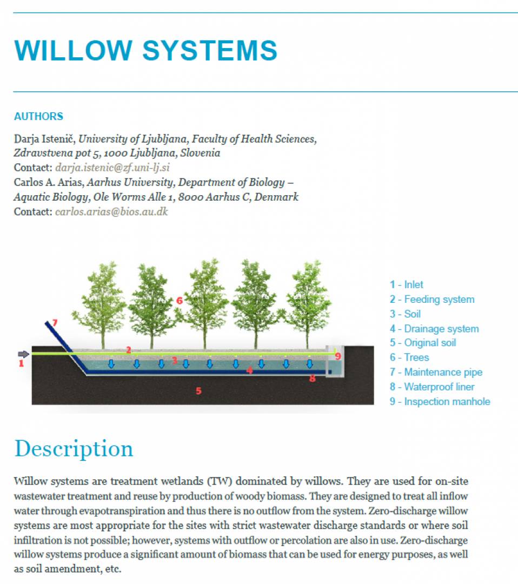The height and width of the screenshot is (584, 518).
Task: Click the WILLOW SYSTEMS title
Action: [145, 50]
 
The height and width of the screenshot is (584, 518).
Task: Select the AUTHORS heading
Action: [39, 117]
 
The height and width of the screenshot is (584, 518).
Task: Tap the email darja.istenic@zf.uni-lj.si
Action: [112, 168]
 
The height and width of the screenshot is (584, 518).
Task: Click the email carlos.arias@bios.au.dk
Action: [112, 211]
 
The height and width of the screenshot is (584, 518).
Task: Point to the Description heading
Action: [74, 449]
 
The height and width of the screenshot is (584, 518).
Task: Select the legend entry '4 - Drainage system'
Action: [434, 329]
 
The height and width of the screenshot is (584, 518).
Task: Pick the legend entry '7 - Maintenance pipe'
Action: [436, 372]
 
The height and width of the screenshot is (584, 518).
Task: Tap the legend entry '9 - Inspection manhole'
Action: [440, 401]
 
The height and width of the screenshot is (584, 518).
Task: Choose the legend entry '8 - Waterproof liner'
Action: [432, 387]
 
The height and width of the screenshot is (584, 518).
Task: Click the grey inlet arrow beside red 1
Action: [23, 354]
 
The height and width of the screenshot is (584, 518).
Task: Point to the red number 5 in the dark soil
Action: [198, 391]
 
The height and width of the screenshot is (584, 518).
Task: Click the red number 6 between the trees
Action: [179, 300]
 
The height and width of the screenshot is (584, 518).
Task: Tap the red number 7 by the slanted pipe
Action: [55, 322]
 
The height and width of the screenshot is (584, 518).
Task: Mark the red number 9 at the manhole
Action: [338, 356]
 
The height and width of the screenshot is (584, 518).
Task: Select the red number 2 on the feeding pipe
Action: [129, 350]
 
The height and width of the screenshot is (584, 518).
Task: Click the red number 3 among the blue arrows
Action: [174, 360]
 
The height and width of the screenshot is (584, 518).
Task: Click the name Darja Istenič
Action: [45, 139]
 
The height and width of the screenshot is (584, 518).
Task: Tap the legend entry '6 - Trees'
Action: [409, 357]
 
